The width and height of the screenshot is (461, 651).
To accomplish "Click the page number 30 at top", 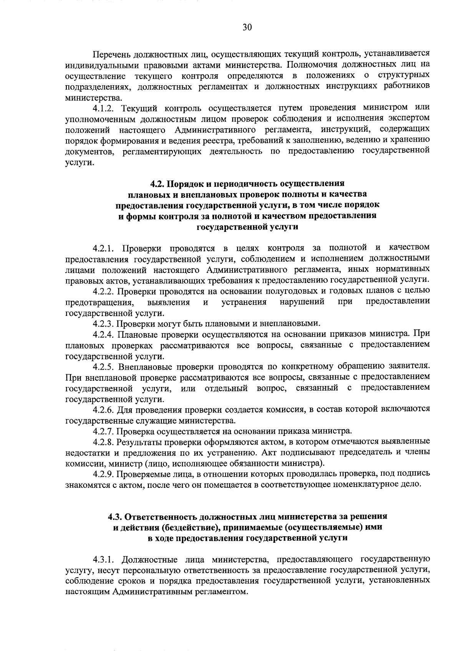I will [x=247, y=27].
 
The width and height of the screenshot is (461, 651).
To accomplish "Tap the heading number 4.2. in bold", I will [x=157, y=183].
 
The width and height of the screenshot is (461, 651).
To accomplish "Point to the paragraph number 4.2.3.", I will [x=102, y=323].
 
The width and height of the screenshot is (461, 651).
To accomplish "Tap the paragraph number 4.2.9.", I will [x=102, y=474].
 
